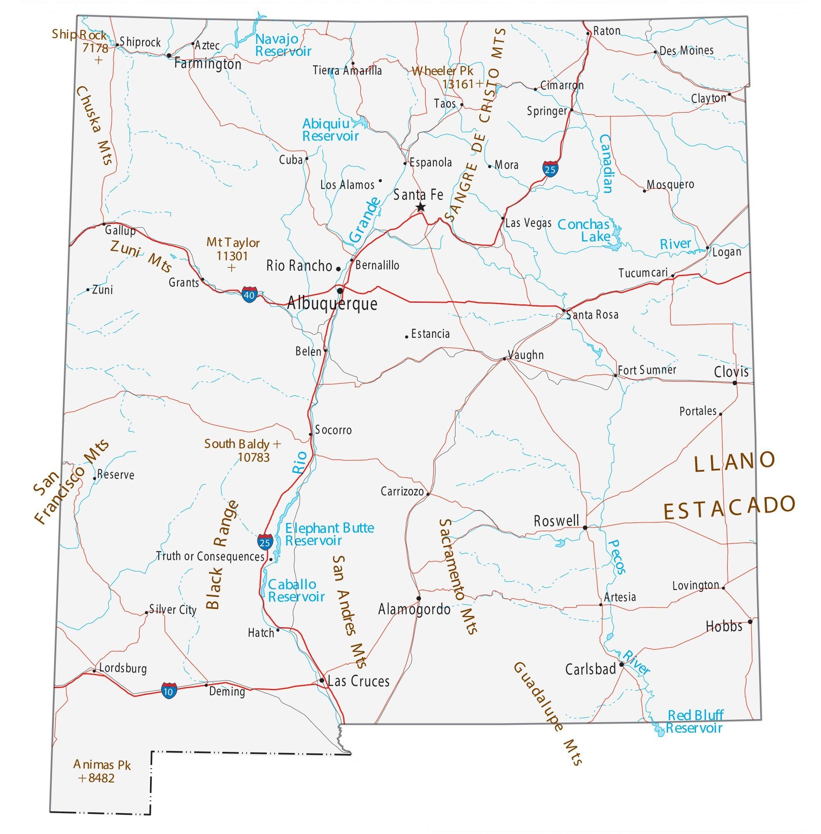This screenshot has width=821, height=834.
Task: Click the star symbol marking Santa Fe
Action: [421, 208]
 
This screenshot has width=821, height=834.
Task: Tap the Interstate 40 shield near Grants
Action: [249, 295]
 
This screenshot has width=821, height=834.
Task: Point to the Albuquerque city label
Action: [332, 303]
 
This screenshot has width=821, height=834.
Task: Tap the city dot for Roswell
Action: [585, 528]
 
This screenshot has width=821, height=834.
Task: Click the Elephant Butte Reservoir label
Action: [329, 534]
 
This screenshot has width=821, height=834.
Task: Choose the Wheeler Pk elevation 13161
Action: [458, 84]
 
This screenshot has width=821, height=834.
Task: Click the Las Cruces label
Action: [358, 681]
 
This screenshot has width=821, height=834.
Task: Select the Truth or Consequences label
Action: [210, 557]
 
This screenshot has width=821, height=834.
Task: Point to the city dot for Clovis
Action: [735, 383]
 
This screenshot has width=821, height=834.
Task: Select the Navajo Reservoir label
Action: [283, 45]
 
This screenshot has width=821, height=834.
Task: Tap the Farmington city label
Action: [208, 64]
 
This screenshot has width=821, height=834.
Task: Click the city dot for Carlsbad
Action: [621, 664]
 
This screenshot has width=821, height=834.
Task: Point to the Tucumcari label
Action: [643, 273]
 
